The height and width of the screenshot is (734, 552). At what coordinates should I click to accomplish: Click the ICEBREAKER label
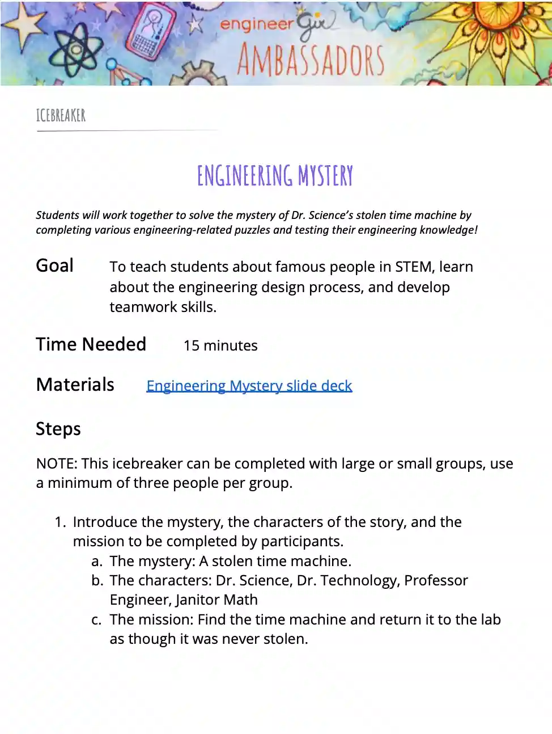(61, 116)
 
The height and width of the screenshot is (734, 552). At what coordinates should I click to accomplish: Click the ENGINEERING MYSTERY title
(275, 176)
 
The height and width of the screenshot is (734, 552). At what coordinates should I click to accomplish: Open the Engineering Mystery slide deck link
(249, 386)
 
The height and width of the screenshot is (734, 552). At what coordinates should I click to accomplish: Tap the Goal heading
(54, 265)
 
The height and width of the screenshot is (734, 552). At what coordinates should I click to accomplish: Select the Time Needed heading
(91, 344)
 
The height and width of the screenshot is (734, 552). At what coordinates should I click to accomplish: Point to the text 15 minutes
(220, 345)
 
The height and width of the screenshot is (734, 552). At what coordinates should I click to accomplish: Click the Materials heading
(75, 385)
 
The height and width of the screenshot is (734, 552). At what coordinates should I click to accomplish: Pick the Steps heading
(58, 429)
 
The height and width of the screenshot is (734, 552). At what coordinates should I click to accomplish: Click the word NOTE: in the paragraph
(56, 463)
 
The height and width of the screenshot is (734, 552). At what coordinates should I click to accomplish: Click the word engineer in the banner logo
(256, 24)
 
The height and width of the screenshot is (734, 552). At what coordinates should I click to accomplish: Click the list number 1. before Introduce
(61, 522)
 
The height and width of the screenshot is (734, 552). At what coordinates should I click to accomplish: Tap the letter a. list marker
(97, 561)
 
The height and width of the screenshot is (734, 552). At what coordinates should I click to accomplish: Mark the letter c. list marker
(97, 619)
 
